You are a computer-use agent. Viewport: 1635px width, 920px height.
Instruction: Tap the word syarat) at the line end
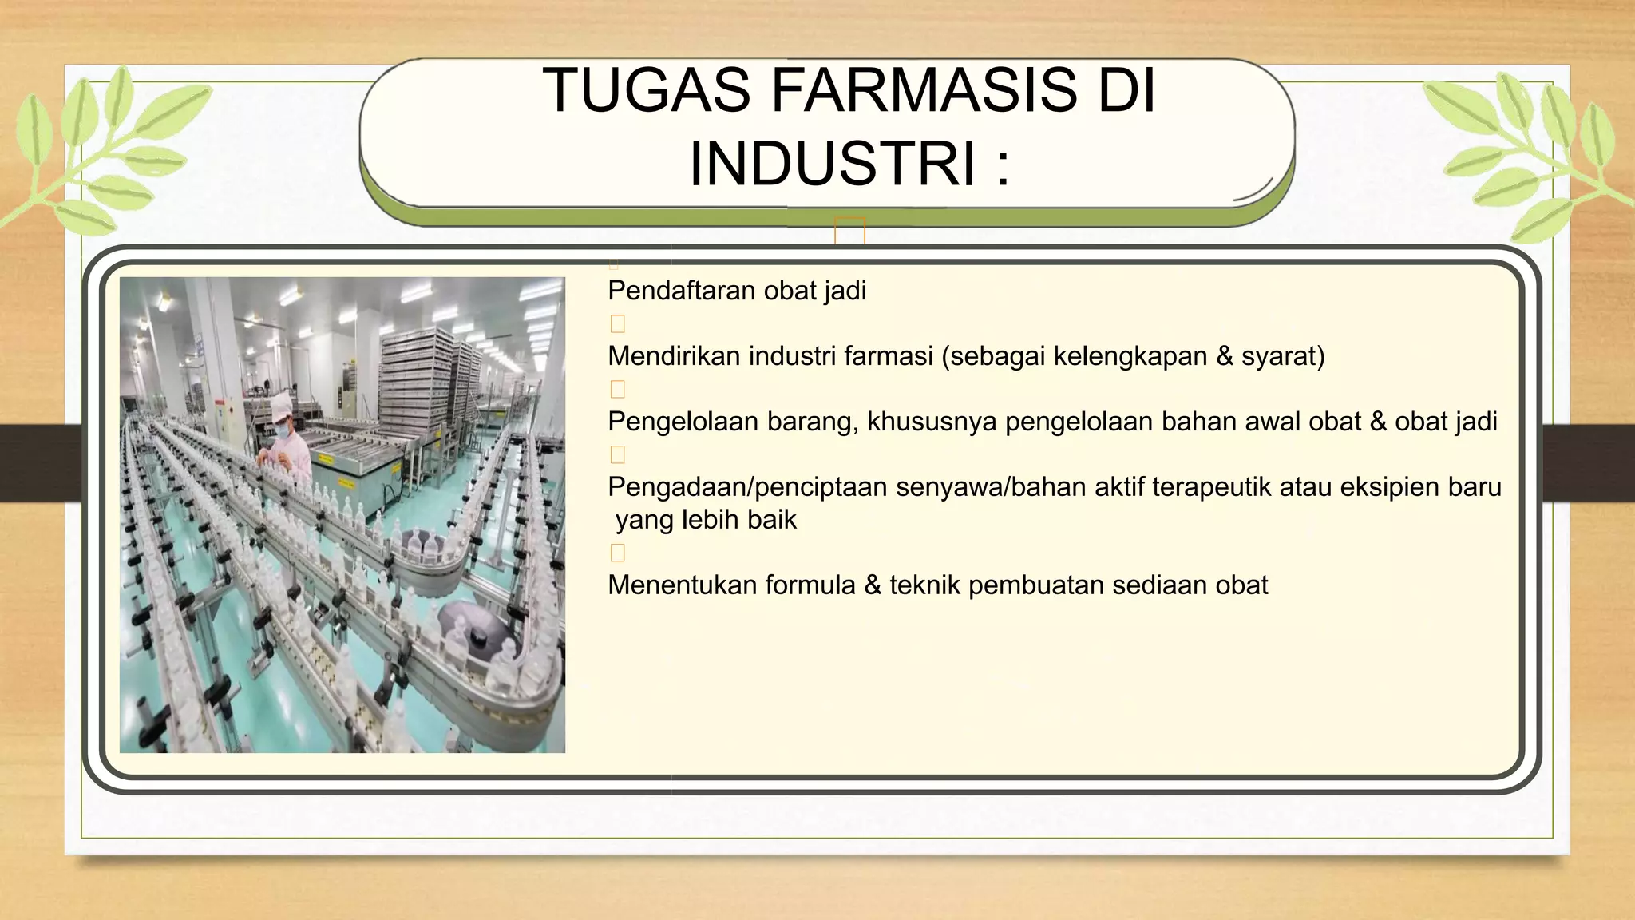coord(1283,356)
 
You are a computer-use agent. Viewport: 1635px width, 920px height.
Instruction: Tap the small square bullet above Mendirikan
coord(617,324)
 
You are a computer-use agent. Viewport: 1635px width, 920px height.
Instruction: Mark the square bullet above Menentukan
coord(617,553)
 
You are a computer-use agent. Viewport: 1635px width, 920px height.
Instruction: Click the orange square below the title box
coord(849,231)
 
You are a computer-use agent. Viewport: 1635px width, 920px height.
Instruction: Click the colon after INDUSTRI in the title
coord(1003,165)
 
